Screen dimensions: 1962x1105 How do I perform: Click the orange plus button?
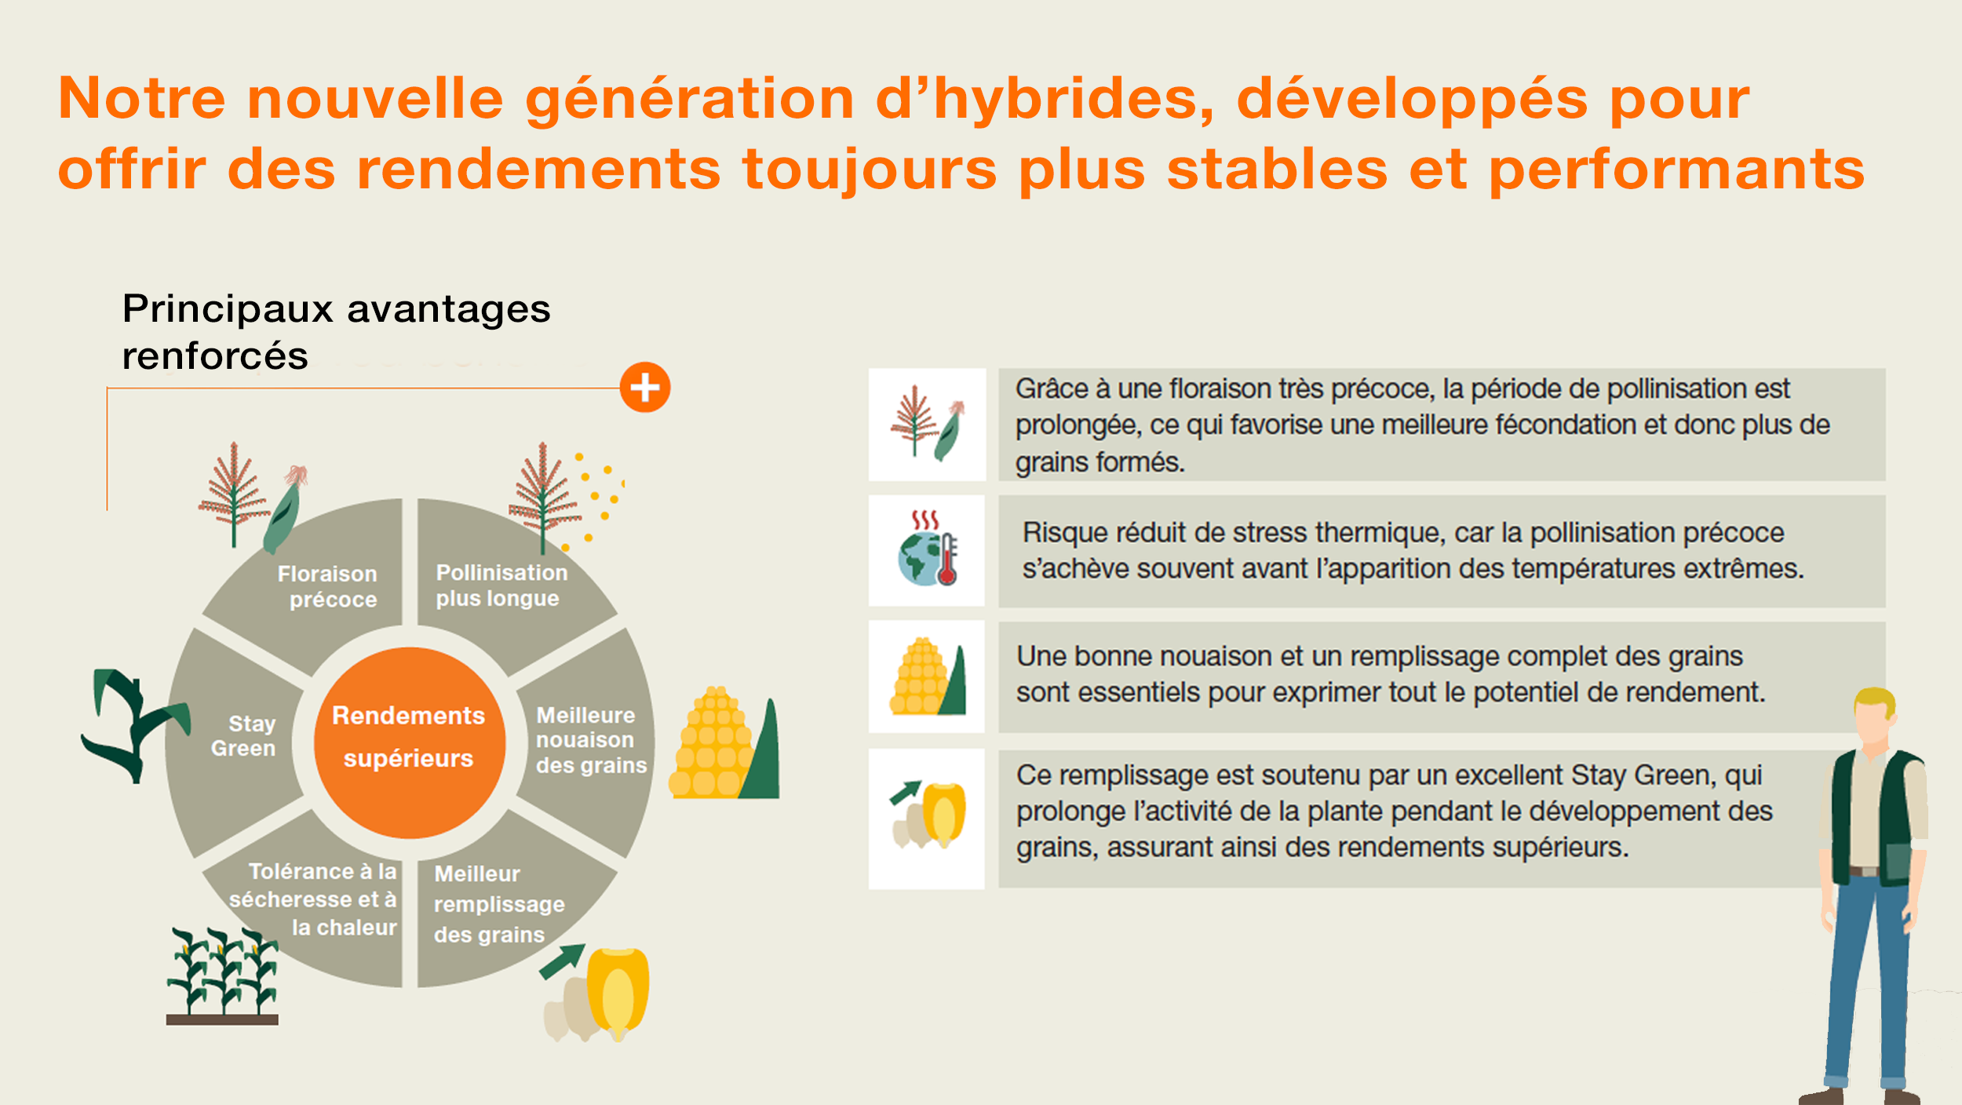tap(644, 387)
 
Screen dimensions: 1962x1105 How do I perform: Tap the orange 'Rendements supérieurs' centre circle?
tap(409, 742)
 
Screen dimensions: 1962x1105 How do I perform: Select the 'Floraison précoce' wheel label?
tap(327, 586)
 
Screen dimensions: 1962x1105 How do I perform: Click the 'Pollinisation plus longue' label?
tap(501, 585)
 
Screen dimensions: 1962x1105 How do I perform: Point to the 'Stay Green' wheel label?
tap(243, 735)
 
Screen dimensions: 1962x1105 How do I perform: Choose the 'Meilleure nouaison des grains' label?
tap(591, 739)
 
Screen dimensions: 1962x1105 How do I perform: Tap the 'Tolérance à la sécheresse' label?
tap(313, 899)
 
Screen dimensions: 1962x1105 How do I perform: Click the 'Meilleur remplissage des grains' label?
tap(499, 904)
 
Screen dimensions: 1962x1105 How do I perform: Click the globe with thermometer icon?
tap(927, 549)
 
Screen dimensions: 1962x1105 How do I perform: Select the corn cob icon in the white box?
tap(927, 676)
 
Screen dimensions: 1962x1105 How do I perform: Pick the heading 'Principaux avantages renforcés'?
tap(336, 331)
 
